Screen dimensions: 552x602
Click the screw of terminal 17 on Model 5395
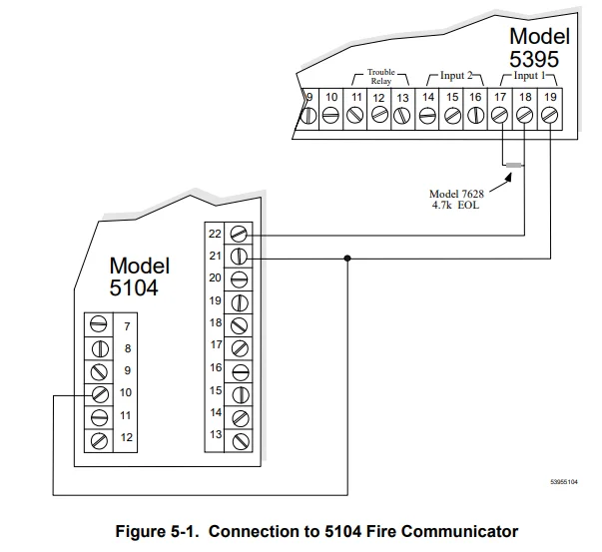(501, 116)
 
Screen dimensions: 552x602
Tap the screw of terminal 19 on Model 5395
(549, 116)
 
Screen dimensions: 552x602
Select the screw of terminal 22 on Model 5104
(240, 234)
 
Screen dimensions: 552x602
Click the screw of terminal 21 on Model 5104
(240, 257)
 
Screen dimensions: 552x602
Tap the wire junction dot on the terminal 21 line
(346, 258)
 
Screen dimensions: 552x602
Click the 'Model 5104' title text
(140, 276)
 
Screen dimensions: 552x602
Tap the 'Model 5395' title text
(539, 47)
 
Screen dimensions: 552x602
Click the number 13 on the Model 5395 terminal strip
(402, 97)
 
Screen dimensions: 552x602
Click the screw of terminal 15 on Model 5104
(240, 391)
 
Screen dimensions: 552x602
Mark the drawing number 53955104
(566, 481)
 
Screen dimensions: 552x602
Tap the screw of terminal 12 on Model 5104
(99, 438)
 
